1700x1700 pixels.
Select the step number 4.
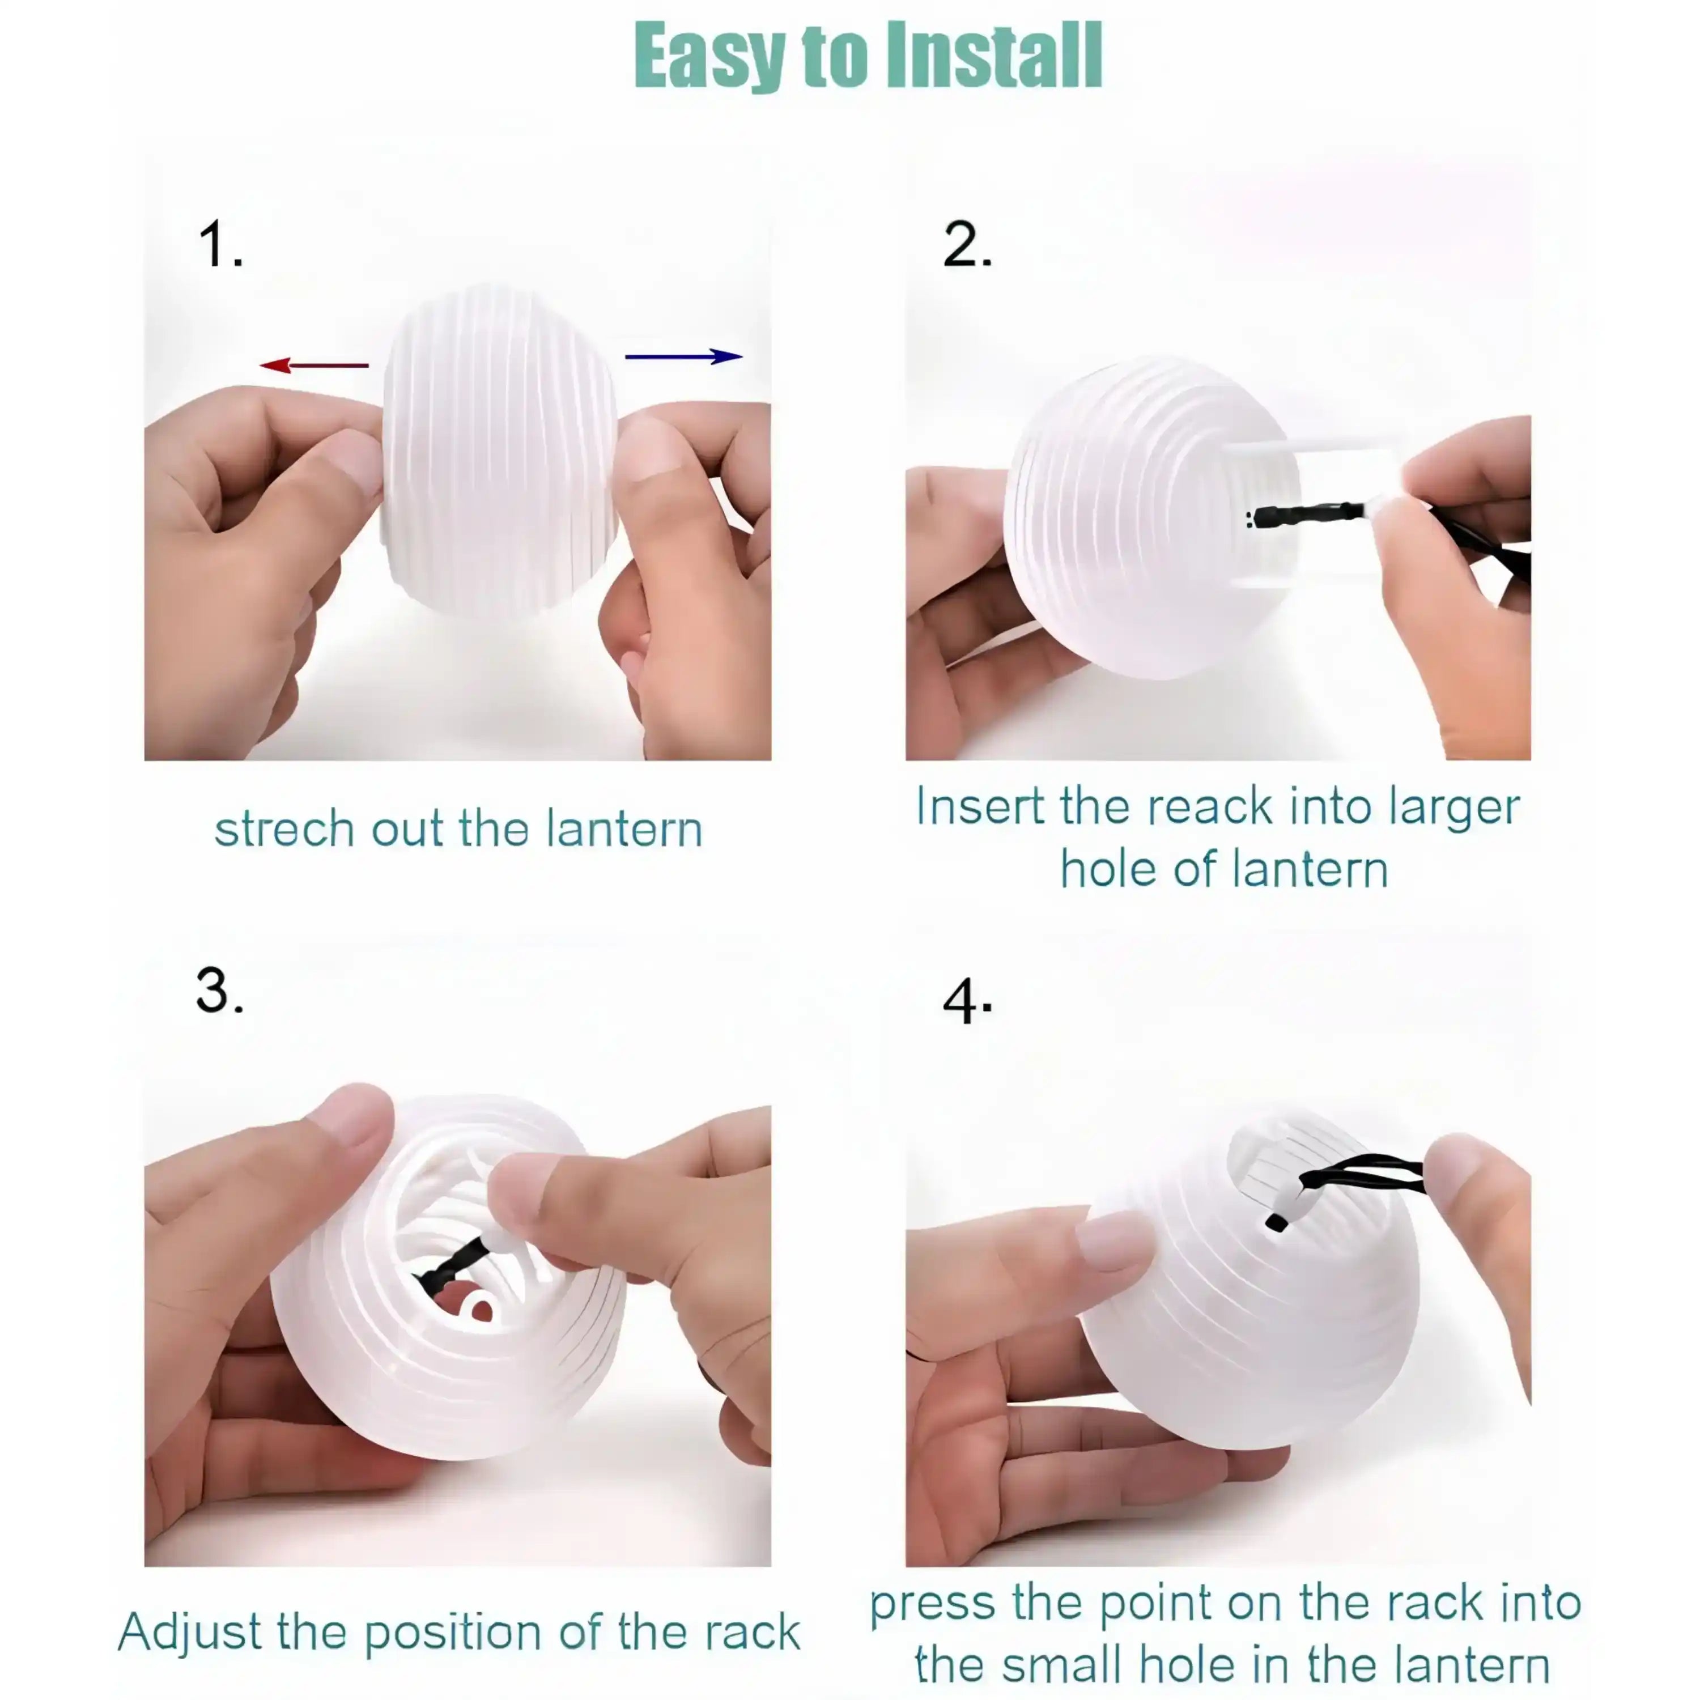967,1001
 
